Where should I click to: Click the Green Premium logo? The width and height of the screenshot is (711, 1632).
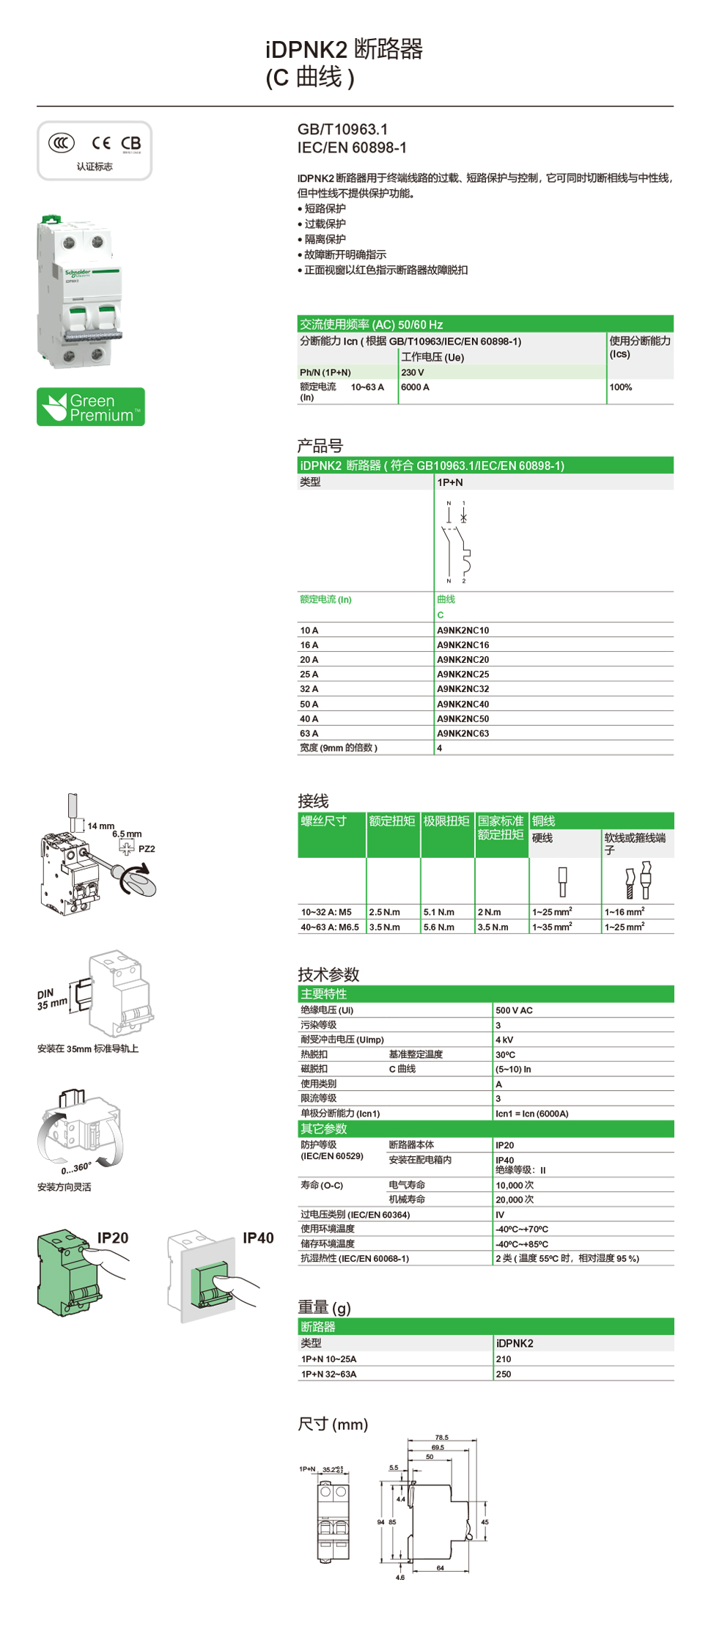coord(91,407)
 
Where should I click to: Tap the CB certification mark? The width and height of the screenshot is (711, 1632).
coord(131,143)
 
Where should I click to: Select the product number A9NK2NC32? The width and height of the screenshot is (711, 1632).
coord(463,689)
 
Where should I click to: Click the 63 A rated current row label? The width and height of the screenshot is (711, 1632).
coord(309,733)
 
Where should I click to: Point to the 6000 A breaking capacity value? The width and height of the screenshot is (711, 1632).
coord(415,387)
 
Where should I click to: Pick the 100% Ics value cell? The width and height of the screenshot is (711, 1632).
coord(620,387)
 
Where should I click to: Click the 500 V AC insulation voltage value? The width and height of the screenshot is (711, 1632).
coord(514,1010)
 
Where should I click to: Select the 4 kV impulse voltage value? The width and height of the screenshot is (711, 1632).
coord(504,1040)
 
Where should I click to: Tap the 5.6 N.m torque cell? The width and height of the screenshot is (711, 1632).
coord(438,927)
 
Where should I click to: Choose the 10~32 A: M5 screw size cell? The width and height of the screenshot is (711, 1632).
coord(326,912)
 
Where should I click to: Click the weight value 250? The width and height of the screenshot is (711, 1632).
coord(504,1374)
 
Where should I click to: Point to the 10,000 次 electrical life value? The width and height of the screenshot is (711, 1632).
coord(515,1186)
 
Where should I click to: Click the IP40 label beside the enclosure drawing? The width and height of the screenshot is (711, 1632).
coord(258,1238)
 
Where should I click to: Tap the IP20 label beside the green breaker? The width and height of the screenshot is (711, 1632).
coord(113,1238)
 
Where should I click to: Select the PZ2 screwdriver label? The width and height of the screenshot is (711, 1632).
coord(147,849)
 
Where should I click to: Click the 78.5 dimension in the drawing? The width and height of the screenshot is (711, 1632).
coord(441,1438)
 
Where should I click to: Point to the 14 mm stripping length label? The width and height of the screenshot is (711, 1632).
coord(101,826)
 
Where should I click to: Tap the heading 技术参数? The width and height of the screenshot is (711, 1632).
coord(328,974)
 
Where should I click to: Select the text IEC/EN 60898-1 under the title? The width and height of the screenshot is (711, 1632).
coord(352,147)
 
